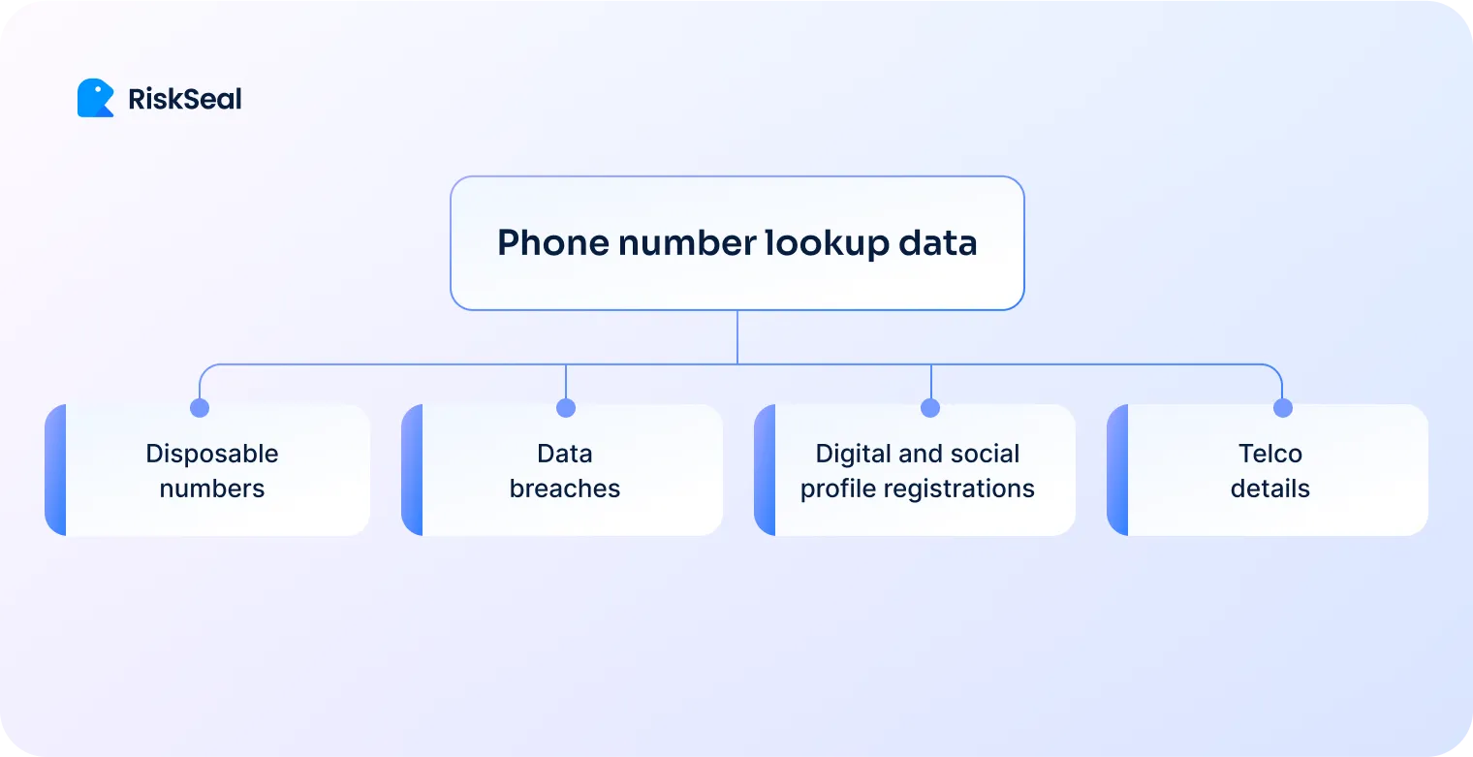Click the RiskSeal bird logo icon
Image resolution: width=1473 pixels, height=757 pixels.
(x=95, y=98)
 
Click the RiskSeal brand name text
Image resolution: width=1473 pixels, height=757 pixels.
(x=185, y=99)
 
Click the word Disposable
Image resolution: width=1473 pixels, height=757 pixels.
(x=212, y=454)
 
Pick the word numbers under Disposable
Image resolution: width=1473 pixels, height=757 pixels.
(x=212, y=489)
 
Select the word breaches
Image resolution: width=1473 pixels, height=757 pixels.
(x=565, y=489)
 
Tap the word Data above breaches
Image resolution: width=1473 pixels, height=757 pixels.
(x=565, y=454)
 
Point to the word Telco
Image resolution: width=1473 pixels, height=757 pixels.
(x=1270, y=454)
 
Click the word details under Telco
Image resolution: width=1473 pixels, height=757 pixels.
(x=1270, y=489)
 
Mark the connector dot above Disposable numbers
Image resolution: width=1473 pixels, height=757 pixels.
(x=200, y=408)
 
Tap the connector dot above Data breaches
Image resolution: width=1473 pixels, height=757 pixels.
(x=566, y=408)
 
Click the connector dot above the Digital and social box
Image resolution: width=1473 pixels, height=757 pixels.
(x=930, y=408)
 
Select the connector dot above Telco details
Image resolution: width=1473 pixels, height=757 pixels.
(x=1283, y=408)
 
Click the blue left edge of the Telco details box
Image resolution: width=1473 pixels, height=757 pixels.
(x=1117, y=470)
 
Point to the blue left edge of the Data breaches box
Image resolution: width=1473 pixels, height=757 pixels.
(x=412, y=470)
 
